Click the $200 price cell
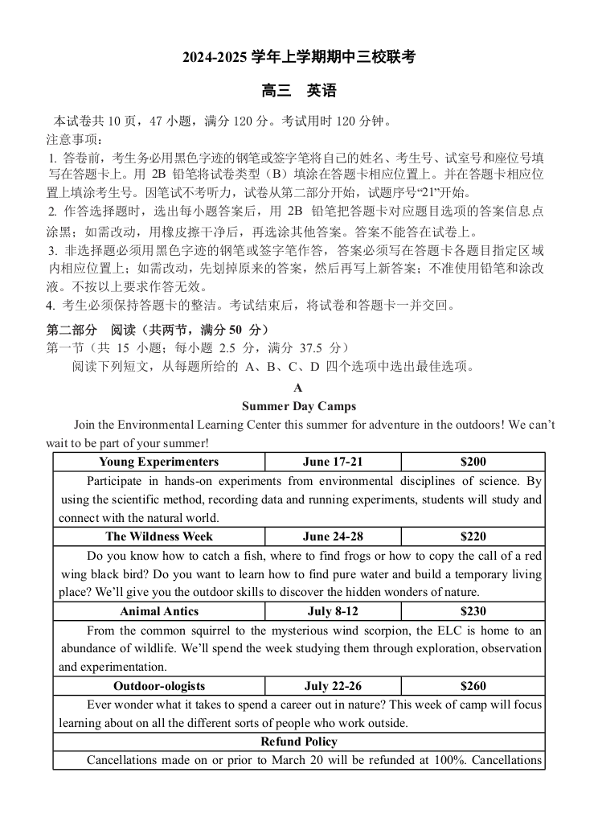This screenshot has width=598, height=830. pos(473,462)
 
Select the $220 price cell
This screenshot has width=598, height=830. pos(473,536)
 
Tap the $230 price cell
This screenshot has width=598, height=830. pos(473,611)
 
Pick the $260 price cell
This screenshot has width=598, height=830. pos(473,686)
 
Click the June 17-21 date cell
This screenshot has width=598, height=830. pos(333,462)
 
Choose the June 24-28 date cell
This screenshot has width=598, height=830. pos(333,536)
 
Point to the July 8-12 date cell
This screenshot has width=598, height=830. pos(333,611)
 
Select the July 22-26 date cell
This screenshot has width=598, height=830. pos(333,686)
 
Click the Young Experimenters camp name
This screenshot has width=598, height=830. pos(158,462)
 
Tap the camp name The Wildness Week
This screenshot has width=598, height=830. pos(159,536)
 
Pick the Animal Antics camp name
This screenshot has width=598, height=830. pos(159,611)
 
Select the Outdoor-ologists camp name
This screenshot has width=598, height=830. pos(159,686)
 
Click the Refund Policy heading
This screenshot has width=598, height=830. pos(299,742)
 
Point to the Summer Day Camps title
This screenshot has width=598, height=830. pos(299,406)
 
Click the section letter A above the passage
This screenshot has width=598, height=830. pos(298,388)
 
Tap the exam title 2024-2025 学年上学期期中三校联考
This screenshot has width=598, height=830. pos(299,57)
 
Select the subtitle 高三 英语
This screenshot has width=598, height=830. pos(299,91)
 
